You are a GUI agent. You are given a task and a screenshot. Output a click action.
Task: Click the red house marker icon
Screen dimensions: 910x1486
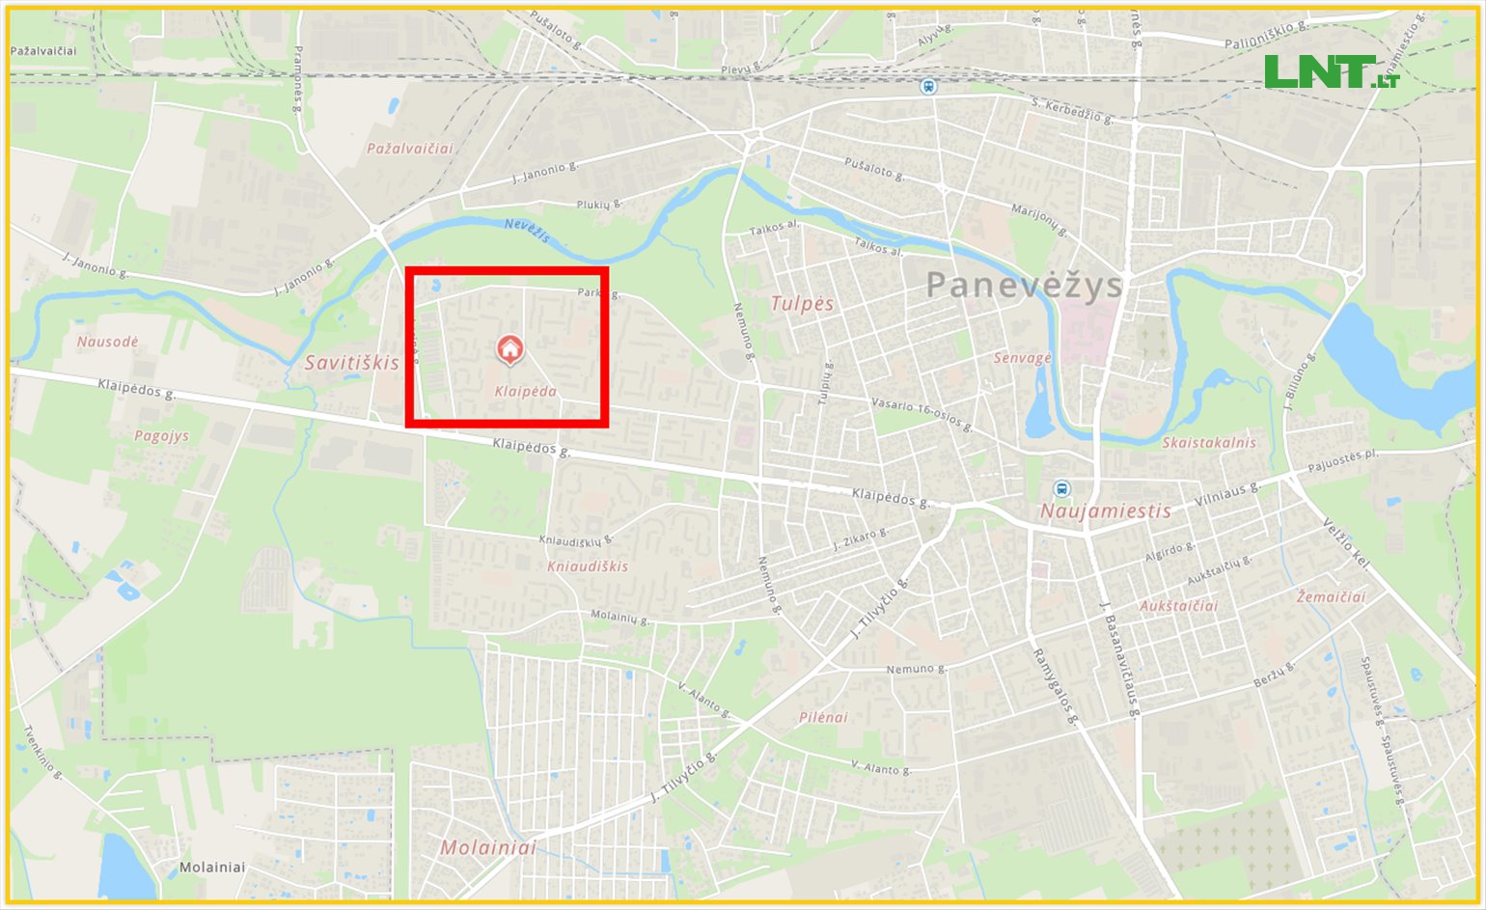point(509,349)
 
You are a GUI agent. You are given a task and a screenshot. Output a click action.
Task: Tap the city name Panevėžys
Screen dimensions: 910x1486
point(1025,285)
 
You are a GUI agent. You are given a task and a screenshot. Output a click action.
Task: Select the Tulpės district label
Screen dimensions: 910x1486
point(802,303)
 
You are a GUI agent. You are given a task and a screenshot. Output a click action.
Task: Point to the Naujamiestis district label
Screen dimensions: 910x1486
point(1105,511)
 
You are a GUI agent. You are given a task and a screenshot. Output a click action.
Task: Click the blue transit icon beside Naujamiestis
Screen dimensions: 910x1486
point(1062,489)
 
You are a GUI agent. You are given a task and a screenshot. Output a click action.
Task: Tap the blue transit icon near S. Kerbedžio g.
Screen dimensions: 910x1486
point(928,87)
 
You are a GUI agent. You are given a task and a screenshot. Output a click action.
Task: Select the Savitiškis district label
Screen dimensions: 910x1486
point(351,363)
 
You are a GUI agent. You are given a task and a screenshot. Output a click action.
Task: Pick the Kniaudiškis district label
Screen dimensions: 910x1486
point(588,566)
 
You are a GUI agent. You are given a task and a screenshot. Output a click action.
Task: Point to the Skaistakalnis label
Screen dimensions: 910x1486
point(1209,443)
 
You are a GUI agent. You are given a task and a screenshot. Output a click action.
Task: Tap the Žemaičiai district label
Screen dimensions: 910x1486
point(1331,597)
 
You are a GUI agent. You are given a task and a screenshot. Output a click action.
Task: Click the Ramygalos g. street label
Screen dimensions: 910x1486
point(1053,686)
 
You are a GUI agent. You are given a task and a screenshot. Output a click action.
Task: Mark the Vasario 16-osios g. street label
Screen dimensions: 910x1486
point(921,415)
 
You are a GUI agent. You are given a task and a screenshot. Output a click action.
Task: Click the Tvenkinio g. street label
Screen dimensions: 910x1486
point(43,753)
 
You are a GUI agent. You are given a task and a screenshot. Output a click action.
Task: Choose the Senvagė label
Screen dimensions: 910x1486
point(1022,358)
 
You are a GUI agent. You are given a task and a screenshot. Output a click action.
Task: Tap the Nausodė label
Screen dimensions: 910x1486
point(107,342)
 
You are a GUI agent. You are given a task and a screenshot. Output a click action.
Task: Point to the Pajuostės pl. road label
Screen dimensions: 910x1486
point(1341,461)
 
